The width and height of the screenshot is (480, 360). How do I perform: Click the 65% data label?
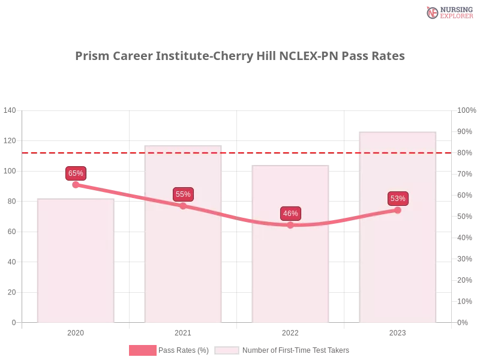coord(76,173)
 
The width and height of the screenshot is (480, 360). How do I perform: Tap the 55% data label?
coord(183,194)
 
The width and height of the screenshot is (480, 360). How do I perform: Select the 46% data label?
coord(290,214)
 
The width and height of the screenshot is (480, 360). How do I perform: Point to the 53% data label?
coord(397,199)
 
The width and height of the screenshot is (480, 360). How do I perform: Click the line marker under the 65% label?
coord(76,185)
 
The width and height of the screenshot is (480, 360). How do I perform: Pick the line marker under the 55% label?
coord(183,206)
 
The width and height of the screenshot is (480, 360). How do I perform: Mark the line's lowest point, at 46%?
coord(290,225)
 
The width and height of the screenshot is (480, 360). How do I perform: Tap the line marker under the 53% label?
coord(397,210)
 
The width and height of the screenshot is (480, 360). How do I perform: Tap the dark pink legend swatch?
coord(142,350)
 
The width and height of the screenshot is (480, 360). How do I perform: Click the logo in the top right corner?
coord(448,13)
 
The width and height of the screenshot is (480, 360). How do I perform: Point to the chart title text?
coord(240,56)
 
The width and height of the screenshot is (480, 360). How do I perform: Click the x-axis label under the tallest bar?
coord(397,331)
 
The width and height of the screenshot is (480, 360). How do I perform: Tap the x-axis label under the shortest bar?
coord(76,331)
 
